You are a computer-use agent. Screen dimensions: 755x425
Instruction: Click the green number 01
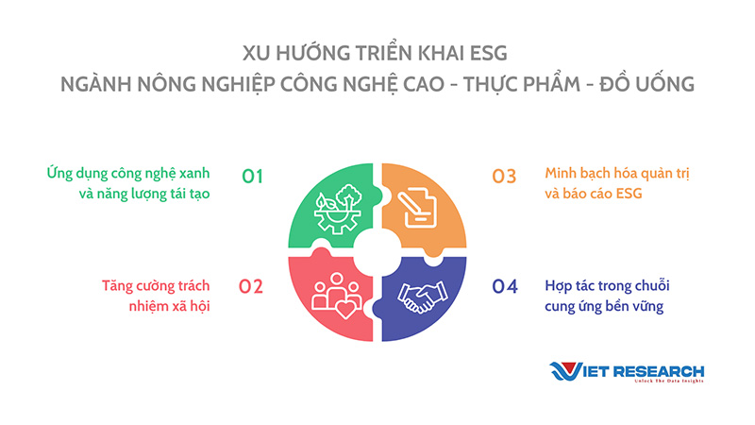(x=252, y=177)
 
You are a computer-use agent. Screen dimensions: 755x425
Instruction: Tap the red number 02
(x=251, y=287)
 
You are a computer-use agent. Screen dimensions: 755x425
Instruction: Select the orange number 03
(x=504, y=177)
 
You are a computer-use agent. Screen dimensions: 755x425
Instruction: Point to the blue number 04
(x=505, y=287)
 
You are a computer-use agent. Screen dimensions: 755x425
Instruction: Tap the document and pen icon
(x=417, y=207)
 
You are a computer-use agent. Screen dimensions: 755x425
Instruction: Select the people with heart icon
(x=337, y=296)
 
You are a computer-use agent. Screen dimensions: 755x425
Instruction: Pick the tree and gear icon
(x=338, y=209)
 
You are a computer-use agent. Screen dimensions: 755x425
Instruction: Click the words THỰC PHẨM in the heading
(x=522, y=84)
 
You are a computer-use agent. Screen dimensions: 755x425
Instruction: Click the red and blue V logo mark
(x=565, y=371)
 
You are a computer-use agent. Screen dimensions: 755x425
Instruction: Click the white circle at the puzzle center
(x=377, y=252)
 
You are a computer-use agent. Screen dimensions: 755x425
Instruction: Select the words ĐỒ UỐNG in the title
(x=646, y=84)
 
